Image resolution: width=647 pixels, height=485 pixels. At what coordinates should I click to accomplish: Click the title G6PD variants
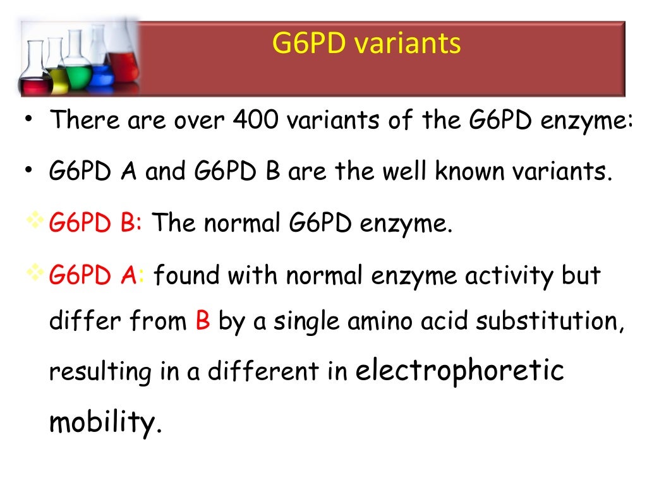coord(366,44)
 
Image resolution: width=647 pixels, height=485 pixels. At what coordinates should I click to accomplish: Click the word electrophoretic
coord(459,371)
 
